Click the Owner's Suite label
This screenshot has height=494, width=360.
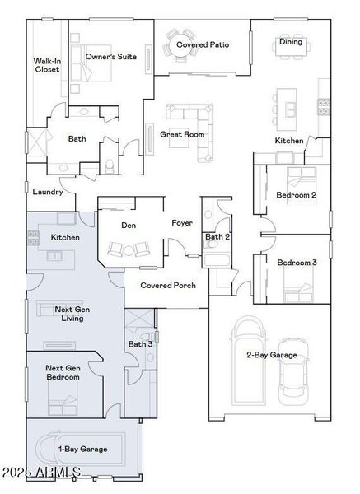[x=112, y=57]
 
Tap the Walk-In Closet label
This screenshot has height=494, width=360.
[x=46, y=66]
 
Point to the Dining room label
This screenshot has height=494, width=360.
[x=290, y=42]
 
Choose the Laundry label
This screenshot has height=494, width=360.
[x=48, y=192]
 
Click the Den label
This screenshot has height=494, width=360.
[x=129, y=225]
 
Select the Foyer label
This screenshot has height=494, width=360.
[x=182, y=223]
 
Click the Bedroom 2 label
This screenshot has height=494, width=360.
[x=297, y=195]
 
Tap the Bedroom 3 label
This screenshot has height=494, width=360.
[x=297, y=263]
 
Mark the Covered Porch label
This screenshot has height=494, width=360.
[x=168, y=286]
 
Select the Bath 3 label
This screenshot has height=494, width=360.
[x=140, y=343]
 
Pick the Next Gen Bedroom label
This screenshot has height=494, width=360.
[x=63, y=372]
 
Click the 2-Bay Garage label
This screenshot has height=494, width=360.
[x=271, y=355]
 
